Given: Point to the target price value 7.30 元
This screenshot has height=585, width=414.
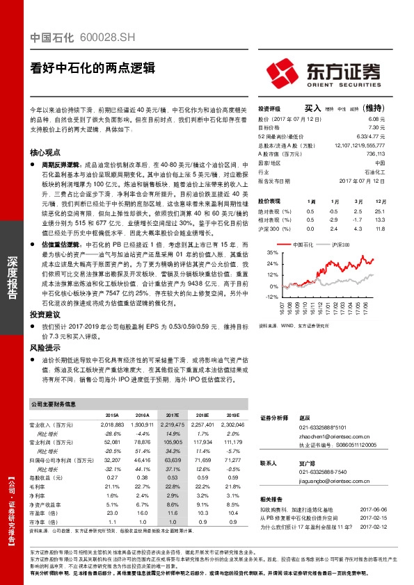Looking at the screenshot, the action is coord(374,128).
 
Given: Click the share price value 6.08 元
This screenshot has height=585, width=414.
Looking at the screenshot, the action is coord(374,119).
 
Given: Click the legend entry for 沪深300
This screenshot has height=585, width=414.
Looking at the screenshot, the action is coord(340,245).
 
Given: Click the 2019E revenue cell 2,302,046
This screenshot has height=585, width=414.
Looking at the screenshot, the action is coord(233,424).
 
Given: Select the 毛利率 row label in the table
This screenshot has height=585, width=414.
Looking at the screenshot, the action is coord(38,487).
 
